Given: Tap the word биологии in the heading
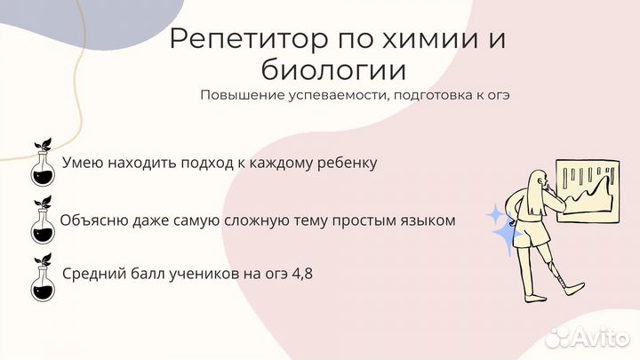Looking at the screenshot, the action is (333, 70).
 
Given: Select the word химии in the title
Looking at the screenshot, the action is (426, 38).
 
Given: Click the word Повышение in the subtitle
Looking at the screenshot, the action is (243, 95).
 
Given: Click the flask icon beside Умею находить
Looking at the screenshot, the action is (43, 163).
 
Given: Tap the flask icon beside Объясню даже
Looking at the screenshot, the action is (43, 220).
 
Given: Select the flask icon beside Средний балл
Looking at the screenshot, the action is (43, 278).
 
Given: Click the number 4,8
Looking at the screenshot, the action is (302, 274).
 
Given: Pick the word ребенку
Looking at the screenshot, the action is (348, 163).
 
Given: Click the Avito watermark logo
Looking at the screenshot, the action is (588, 337).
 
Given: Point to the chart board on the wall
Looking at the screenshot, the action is (588, 191).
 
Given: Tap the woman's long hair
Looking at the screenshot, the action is (536, 192).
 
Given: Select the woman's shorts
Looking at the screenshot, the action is (530, 234).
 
